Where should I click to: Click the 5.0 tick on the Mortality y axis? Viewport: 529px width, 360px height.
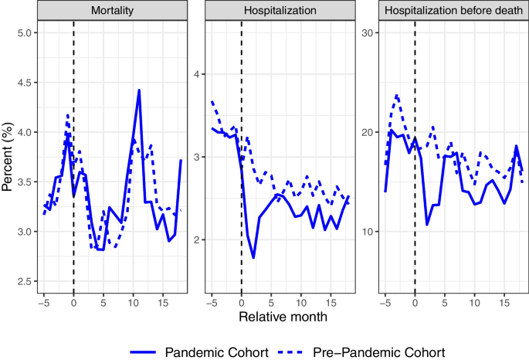[x=25, y=33]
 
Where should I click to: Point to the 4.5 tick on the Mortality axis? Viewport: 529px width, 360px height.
[x=25, y=83]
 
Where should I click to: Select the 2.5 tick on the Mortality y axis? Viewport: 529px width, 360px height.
[x=25, y=281]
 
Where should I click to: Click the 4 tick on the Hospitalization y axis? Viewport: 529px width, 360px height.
[x=197, y=74]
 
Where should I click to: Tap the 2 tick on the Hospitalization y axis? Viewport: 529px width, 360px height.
[x=197, y=239]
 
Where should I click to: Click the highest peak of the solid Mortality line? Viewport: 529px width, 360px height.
[x=139, y=90]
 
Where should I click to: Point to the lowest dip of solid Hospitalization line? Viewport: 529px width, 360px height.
[x=253, y=257]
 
